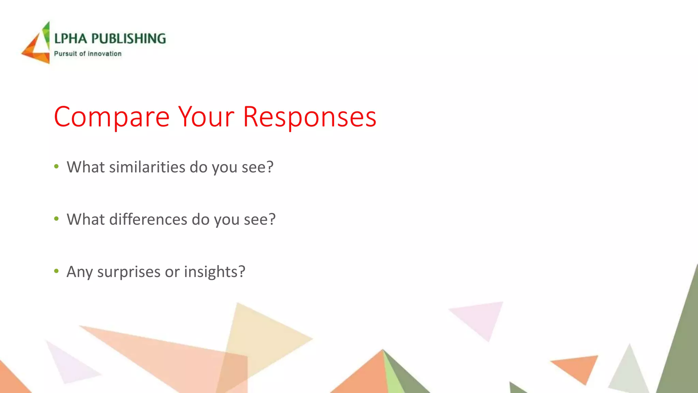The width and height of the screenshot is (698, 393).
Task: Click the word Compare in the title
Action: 111,117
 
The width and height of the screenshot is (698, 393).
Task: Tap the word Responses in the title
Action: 309,117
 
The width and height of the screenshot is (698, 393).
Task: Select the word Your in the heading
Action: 207,117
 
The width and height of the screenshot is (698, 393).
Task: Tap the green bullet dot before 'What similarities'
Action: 57,167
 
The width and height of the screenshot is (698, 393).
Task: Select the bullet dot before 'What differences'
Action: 57,219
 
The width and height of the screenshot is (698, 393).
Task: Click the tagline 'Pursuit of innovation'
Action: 88,54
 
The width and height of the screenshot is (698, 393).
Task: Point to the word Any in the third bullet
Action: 80,272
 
